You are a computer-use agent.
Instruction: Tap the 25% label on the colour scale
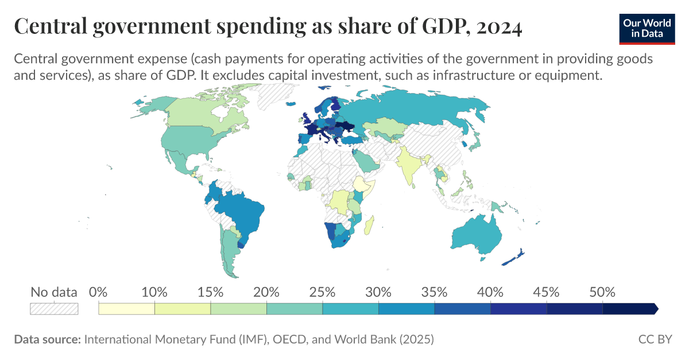point(322,292)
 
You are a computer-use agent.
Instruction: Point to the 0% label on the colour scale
point(99,292)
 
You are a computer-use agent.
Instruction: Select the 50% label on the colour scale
point(602,292)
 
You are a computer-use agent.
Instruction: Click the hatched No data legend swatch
point(54,308)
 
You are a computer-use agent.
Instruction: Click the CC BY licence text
point(655,339)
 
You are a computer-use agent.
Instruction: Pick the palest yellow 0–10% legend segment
point(127,309)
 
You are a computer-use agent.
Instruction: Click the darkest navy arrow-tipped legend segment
point(629,309)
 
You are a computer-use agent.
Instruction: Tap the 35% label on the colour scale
point(434,292)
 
